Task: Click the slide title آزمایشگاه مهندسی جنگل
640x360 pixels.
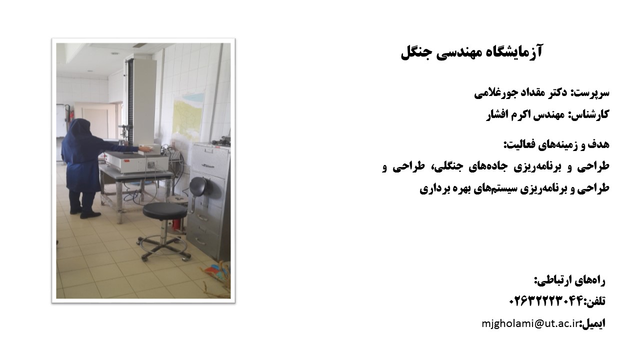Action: click(x=471, y=52)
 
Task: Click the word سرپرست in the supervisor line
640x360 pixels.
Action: click(x=595, y=93)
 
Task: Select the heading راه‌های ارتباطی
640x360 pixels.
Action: click(x=569, y=280)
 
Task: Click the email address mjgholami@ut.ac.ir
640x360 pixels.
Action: click(x=530, y=323)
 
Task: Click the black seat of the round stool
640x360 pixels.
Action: click(x=165, y=210)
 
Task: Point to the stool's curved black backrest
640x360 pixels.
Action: click(x=198, y=185)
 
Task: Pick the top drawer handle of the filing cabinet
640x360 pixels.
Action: click(x=207, y=165)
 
